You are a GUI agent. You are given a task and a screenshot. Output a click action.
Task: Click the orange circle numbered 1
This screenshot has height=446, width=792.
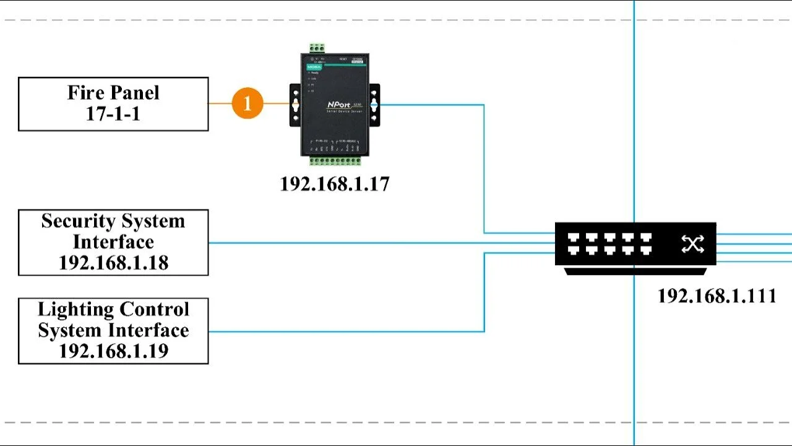click(247, 103)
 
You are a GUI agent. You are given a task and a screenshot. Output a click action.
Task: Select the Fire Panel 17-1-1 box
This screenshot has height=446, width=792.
click(113, 104)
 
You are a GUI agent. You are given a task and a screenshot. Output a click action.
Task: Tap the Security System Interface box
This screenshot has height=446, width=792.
click(113, 242)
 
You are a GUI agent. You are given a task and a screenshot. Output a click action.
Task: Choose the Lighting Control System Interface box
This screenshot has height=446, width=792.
click(113, 331)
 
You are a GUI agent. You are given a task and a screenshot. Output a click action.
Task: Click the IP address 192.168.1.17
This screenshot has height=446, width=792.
click(335, 184)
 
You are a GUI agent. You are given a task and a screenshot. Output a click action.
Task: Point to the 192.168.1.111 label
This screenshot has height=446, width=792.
click(717, 296)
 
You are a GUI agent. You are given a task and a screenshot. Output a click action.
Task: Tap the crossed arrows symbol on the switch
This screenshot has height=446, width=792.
click(692, 244)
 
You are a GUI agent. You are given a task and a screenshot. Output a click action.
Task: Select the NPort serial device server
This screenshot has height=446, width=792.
click(335, 104)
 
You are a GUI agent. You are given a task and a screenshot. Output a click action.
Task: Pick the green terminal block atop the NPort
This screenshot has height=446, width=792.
click(317, 48)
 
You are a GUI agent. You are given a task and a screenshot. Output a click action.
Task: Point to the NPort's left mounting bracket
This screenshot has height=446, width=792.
click(295, 105)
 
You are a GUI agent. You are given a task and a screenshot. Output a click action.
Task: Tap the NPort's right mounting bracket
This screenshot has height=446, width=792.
click(374, 105)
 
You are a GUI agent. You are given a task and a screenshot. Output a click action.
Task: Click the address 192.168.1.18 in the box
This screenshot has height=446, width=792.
click(113, 263)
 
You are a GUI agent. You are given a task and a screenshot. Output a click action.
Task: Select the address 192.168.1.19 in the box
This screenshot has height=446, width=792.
click(113, 351)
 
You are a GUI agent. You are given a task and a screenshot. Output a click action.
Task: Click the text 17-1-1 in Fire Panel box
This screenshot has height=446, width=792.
click(113, 114)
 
